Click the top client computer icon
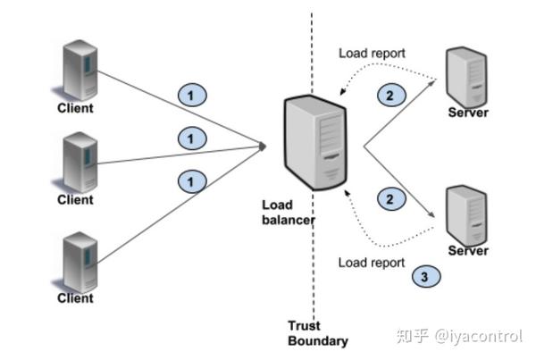[80, 71]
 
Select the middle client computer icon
[80, 162]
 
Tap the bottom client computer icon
[80, 262]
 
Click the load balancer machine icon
[315, 143]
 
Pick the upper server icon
[466, 78]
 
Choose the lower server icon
[466, 215]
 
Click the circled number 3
[426, 276]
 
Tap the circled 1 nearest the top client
[192, 95]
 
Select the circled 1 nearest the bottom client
[192, 181]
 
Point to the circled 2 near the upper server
[391, 95]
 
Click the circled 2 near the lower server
[391, 198]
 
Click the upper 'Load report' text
[372, 53]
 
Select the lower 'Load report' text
[372, 263]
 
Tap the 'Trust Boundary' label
[318, 333]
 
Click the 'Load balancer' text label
[289, 213]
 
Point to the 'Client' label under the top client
[75, 108]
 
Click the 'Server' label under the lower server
[468, 251]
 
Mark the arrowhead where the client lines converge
[263, 147]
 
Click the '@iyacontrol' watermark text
[479, 336]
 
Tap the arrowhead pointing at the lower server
[431, 214]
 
